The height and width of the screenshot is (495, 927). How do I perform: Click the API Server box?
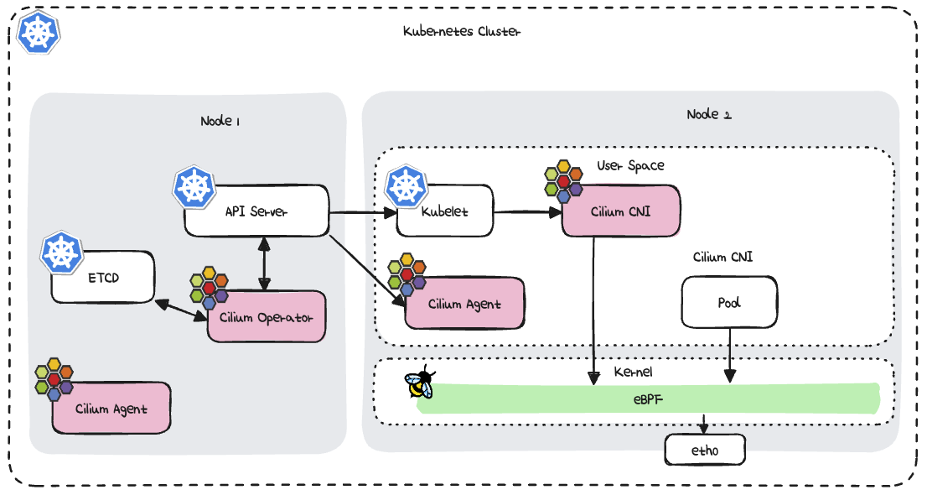256,211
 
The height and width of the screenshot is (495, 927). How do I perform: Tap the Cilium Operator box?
266,316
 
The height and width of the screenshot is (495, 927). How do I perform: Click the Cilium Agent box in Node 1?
111,408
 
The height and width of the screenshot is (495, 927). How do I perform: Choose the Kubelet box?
445,211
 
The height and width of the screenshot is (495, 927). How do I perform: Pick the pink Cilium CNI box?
620,211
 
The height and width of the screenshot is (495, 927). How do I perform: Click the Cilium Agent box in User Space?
464,303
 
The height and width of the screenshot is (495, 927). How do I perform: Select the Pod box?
729,302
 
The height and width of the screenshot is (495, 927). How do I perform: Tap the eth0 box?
705,451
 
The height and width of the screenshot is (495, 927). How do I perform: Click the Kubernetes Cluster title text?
461,32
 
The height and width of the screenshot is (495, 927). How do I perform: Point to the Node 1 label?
220,121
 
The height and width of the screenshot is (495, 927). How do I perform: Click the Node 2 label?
708,114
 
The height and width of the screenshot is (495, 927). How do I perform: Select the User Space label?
630,165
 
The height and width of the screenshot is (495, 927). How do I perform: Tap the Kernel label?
634,371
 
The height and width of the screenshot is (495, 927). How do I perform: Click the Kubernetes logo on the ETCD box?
60,252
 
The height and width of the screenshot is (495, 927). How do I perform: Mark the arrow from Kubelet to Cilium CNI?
527,212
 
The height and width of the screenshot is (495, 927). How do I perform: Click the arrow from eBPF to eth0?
705,424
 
